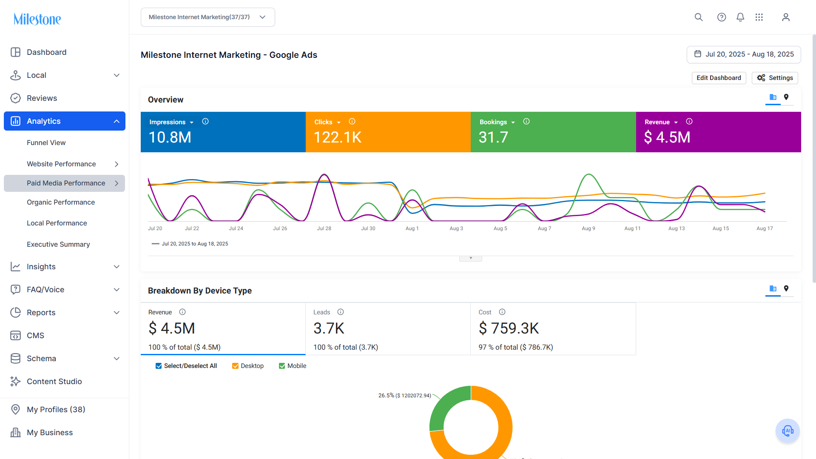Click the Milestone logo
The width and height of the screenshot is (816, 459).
coord(37,19)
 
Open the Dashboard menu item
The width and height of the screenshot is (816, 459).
coord(46,52)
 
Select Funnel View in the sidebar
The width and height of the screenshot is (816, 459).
coord(46,143)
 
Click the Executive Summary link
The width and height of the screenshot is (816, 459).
coord(58,245)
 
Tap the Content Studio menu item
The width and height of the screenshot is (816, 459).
coord(54,382)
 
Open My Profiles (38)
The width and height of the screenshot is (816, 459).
coord(56,410)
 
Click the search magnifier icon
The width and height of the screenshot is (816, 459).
coord(699,17)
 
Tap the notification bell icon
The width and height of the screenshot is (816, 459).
coord(740,17)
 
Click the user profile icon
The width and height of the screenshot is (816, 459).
coord(786,17)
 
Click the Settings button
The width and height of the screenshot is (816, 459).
coord(775,78)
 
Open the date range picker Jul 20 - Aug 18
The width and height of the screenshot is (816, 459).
coord(744,54)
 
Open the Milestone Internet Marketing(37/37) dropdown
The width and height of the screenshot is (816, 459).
coord(208,17)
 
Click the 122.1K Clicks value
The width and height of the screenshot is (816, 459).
coord(338,137)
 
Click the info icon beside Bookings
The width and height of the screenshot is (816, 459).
coord(526,122)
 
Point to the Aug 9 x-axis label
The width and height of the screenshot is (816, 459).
coord(589,228)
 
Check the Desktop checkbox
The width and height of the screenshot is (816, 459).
coord(235,366)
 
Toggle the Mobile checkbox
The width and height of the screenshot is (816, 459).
coord(282,366)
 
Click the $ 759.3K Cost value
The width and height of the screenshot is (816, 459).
coord(509,328)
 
